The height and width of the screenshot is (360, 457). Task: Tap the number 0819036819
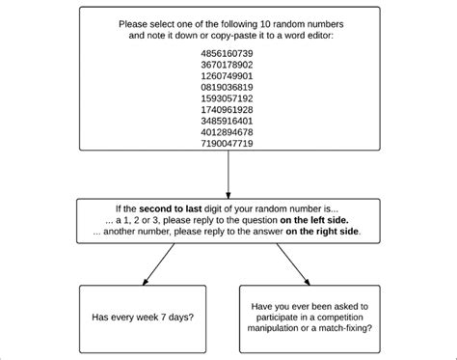(x=228, y=88)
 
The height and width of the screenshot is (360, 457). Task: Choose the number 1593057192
(x=228, y=98)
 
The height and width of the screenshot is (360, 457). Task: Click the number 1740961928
(x=228, y=109)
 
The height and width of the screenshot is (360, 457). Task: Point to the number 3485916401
(x=228, y=121)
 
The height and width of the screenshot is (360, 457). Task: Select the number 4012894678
(x=228, y=131)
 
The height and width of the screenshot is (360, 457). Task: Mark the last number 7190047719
(x=228, y=142)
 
